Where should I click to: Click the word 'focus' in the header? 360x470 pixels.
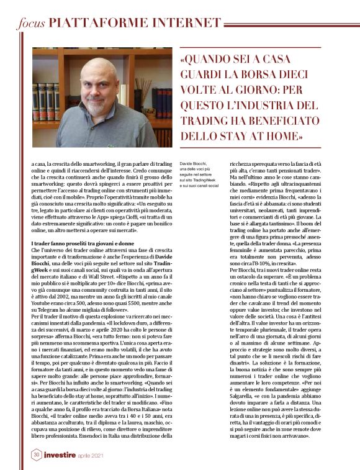[30, 24]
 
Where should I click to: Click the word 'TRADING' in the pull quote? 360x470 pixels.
[209, 119]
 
